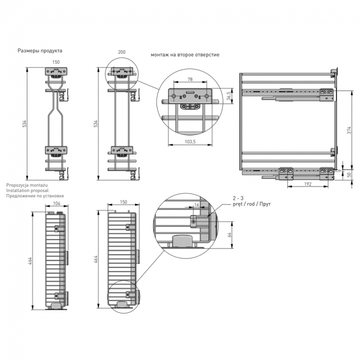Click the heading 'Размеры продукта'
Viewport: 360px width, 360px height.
[40, 51]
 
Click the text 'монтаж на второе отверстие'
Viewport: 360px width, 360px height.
[185, 55]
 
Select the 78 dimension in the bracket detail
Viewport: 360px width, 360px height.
[190, 79]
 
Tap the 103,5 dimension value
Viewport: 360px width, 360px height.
[190, 142]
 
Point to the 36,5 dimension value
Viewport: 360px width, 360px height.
[228, 96]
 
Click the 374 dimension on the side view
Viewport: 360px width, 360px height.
[349, 130]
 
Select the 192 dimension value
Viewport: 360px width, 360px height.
[307, 184]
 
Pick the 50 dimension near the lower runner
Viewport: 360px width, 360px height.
[349, 175]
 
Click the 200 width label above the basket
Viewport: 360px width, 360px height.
[122, 52]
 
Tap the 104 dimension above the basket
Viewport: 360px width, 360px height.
[57, 203]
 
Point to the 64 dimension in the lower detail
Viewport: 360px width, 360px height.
[230, 235]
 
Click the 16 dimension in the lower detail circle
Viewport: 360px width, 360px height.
[197, 205]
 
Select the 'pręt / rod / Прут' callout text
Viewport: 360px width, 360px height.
[252, 204]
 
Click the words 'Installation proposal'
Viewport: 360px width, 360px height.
[27, 191]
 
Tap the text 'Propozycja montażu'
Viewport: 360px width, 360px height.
[27, 185]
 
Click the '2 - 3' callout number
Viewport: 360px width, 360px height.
[238, 198]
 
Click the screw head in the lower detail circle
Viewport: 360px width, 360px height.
[193, 222]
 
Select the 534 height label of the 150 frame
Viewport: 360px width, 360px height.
[25, 124]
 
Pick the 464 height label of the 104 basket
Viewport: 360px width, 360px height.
[30, 261]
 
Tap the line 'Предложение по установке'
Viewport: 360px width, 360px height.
[35, 196]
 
